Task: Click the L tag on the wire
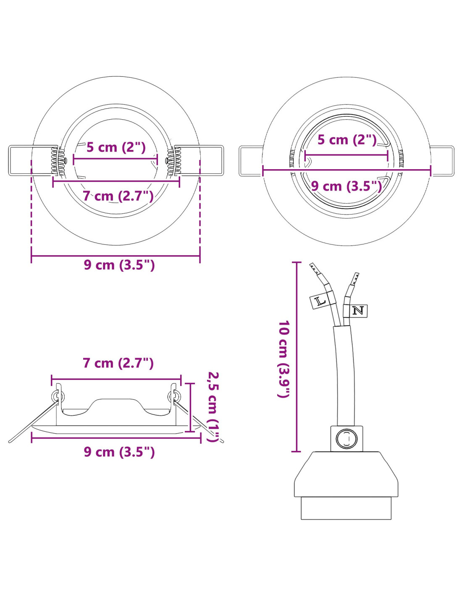pyautogui.click(x=319, y=302)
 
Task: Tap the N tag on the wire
pyautogui.click(x=358, y=311)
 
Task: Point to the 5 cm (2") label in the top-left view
pyautogui.click(x=115, y=147)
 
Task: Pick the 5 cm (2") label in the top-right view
pyautogui.click(x=347, y=140)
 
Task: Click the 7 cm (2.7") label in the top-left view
pyautogui.click(x=118, y=196)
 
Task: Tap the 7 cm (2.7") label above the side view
pyautogui.click(x=118, y=363)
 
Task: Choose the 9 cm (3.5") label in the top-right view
pyautogui.click(x=346, y=186)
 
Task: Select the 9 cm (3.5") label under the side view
pyautogui.click(x=119, y=452)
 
